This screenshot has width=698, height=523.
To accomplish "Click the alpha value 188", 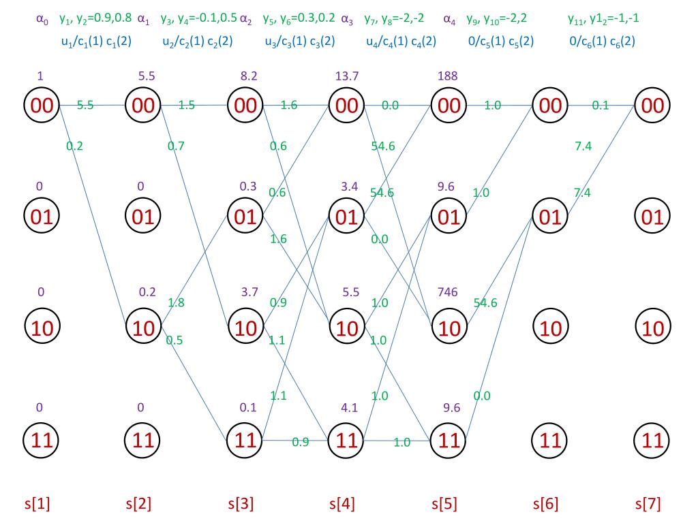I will click(448, 76).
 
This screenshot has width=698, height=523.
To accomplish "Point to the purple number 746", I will click(448, 292).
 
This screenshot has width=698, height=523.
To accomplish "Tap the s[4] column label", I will click(342, 505).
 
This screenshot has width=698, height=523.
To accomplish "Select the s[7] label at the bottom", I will click(648, 505).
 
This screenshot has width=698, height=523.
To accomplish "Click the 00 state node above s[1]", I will click(42, 106).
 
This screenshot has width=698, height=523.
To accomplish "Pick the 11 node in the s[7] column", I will click(652, 440).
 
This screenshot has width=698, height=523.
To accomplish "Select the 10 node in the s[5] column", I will click(448, 328).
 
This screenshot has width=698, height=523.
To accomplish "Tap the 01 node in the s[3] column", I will click(245, 217).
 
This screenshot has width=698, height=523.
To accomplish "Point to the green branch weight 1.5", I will click(187, 105).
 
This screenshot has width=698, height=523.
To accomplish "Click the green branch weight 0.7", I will click(176, 146).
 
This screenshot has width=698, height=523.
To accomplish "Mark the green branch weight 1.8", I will click(176, 302).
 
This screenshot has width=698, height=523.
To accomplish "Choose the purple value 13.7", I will click(346, 76).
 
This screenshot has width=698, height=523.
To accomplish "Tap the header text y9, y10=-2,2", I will click(496, 18).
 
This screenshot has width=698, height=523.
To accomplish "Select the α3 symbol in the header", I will click(347, 19).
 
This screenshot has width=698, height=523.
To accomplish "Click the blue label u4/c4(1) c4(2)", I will click(401, 41).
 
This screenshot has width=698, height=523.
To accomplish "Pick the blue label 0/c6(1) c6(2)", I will click(603, 41).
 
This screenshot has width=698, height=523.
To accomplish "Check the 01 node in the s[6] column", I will click(550, 217).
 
